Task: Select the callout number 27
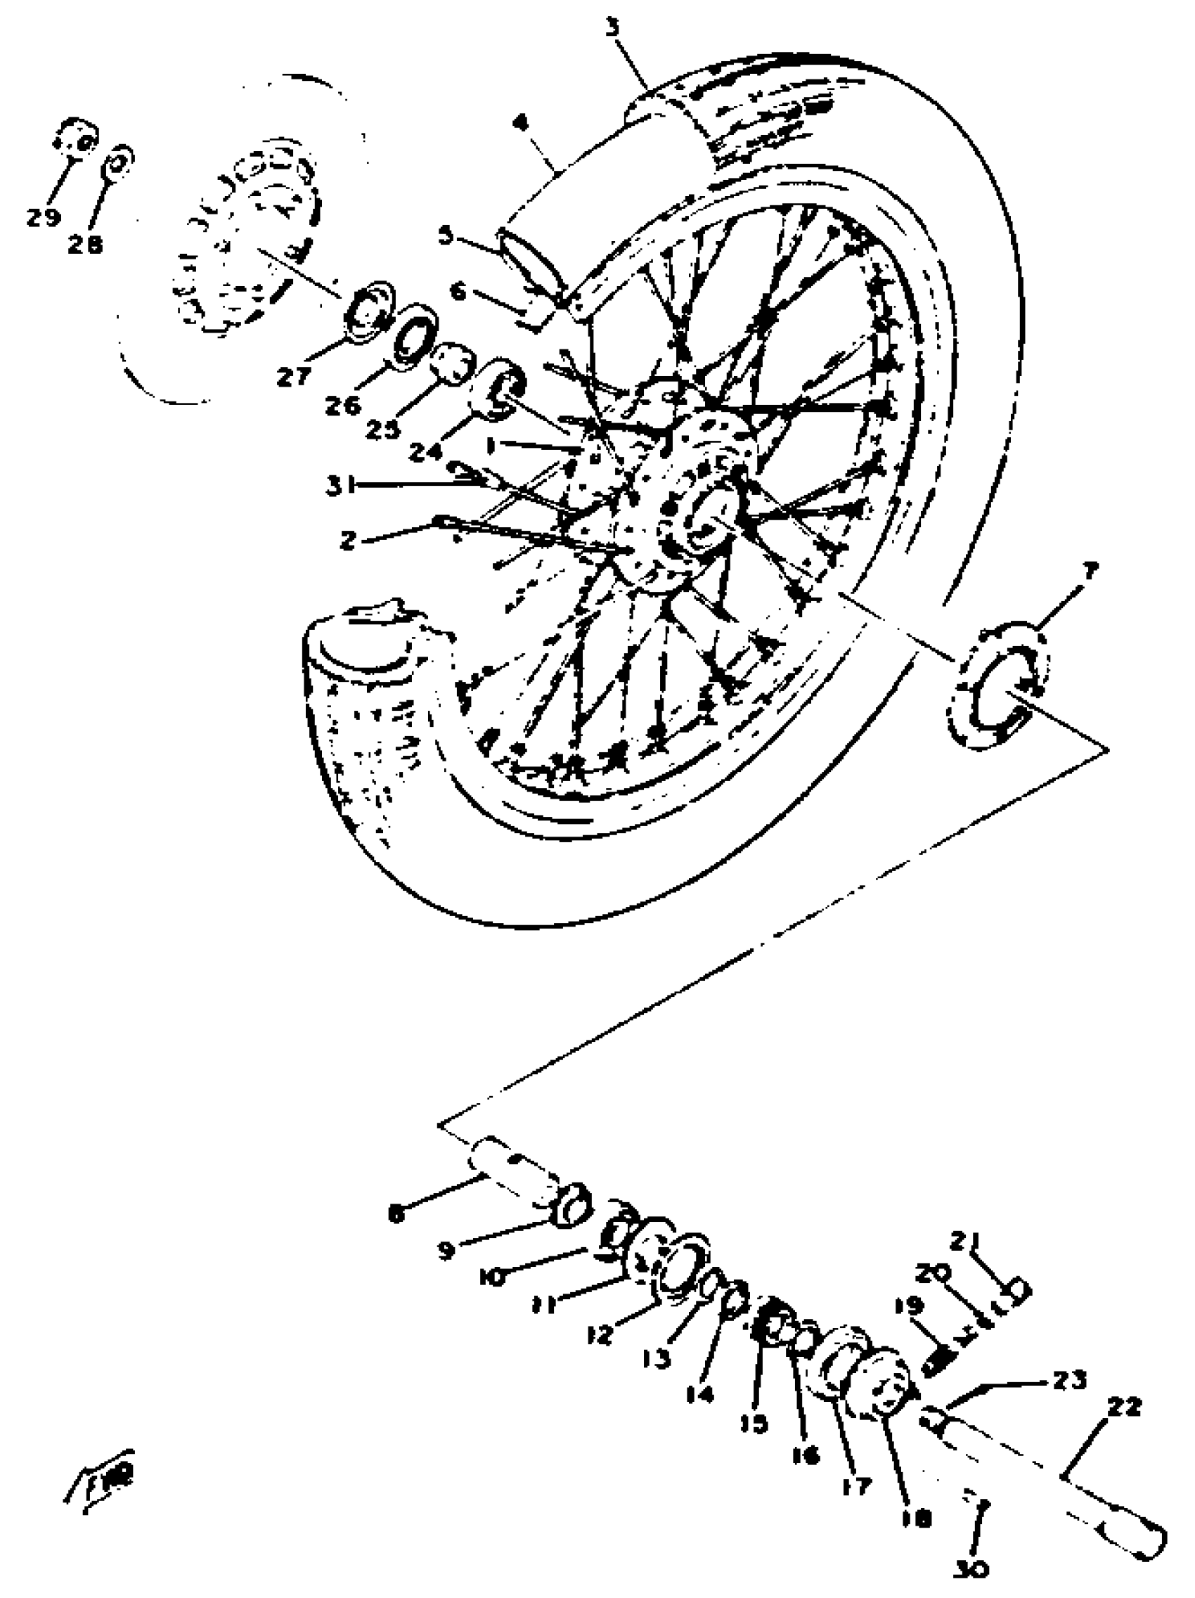point(293,375)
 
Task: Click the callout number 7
point(1089,572)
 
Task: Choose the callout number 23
point(1068,1380)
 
